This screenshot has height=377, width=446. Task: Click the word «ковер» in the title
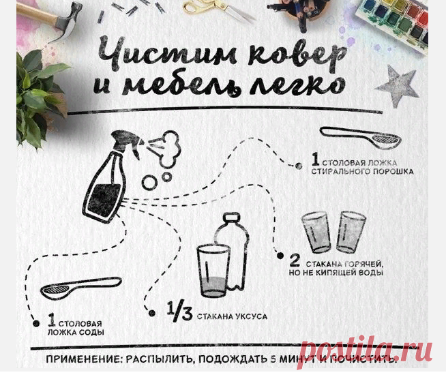coord(297,55)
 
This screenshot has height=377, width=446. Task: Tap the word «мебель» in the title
coord(182,85)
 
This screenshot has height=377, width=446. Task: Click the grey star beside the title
coord(398,85)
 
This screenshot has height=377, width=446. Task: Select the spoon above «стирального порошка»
coord(360,137)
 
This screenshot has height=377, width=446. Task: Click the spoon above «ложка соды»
coord(80,287)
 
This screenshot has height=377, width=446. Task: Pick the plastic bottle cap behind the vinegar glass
coord(231,217)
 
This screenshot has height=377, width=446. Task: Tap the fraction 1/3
coord(180,311)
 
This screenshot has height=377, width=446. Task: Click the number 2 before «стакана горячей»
coord(295,260)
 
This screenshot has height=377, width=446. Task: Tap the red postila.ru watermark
coord(366,350)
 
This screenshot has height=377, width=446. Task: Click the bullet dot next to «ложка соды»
coord(36,324)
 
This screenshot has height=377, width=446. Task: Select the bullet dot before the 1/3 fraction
coord(152,314)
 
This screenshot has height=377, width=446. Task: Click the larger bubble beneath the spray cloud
coord(149,182)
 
